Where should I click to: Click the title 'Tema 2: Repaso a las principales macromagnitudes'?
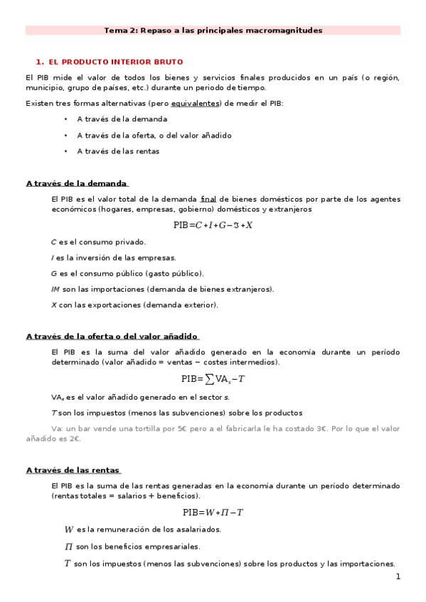213,31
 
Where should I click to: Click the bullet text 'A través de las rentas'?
117,150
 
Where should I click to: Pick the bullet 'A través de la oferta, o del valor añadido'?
154,135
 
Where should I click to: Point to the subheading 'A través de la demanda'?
76,183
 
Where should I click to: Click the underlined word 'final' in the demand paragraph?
208,198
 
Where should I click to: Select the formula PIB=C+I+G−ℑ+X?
213,225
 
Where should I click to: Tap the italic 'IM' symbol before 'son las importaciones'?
55,289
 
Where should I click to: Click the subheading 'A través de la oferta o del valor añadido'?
112,336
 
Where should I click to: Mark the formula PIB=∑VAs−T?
213,378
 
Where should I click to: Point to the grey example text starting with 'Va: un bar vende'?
225,433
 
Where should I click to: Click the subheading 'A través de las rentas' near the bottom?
73,470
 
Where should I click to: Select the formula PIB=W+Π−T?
213,512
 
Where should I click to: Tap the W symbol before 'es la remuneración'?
69,530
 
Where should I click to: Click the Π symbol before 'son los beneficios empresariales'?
69,547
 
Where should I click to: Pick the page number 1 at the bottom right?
398,577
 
